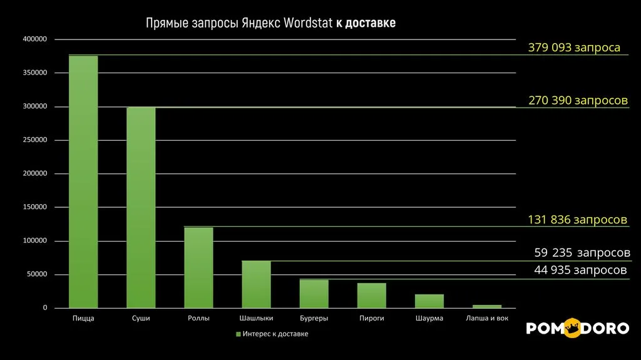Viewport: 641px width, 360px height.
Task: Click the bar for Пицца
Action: click(x=83, y=182)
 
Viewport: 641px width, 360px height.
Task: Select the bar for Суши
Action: click(x=141, y=207)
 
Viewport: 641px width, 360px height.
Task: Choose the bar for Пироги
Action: click(x=372, y=296)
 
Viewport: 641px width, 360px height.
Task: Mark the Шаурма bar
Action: click(x=429, y=301)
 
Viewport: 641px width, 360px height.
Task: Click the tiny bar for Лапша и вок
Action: click(x=487, y=306)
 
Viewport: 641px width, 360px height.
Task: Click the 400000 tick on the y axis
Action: click(x=35, y=39)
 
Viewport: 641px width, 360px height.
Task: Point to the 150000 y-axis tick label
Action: click(x=35, y=207)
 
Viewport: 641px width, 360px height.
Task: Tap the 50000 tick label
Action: click(x=37, y=274)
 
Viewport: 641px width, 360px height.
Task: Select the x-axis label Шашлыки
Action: click(x=256, y=319)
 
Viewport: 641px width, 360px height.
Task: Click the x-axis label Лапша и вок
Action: click(x=488, y=319)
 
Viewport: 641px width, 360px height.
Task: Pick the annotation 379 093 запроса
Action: click(x=574, y=48)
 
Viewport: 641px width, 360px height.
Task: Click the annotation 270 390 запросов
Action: click(x=578, y=100)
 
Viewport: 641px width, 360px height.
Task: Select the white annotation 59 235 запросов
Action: click(x=582, y=253)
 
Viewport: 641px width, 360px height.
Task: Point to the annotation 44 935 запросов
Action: click(x=580, y=270)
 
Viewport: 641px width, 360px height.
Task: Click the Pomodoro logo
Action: click(x=577, y=328)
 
